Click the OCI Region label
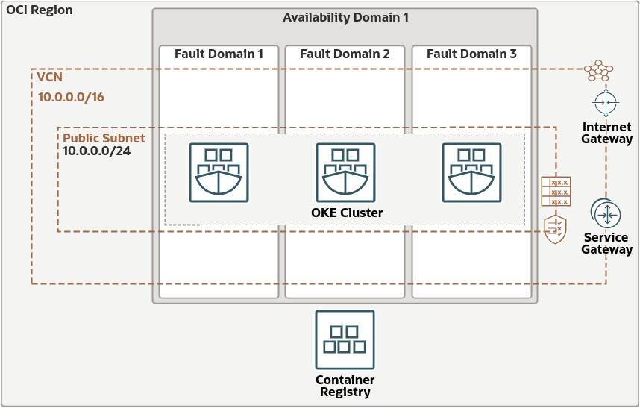[x=40, y=10]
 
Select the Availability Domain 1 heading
[x=345, y=18]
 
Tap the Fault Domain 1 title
[x=219, y=54]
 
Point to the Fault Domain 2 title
[x=345, y=54]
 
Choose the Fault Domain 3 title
[x=471, y=54]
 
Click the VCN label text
[x=49, y=77]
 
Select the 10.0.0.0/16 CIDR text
[x=71, y=97]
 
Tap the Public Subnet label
[x=104, y=138]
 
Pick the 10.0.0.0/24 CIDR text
[x=96, y=151]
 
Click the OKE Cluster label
[x=347, y=213]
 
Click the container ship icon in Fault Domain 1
[x=219, y=172]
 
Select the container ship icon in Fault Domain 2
[x=345, y=172]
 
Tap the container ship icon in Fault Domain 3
[x=472, y=172]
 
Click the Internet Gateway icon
[x=606, y=102]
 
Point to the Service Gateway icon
[x=606, y=213]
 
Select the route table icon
[x=556, y=192]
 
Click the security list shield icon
[x=555, y=230]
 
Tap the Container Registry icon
[x=345, y=340]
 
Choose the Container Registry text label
[x=345, y=386]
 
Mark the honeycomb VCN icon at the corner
[x=598, y=71]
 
